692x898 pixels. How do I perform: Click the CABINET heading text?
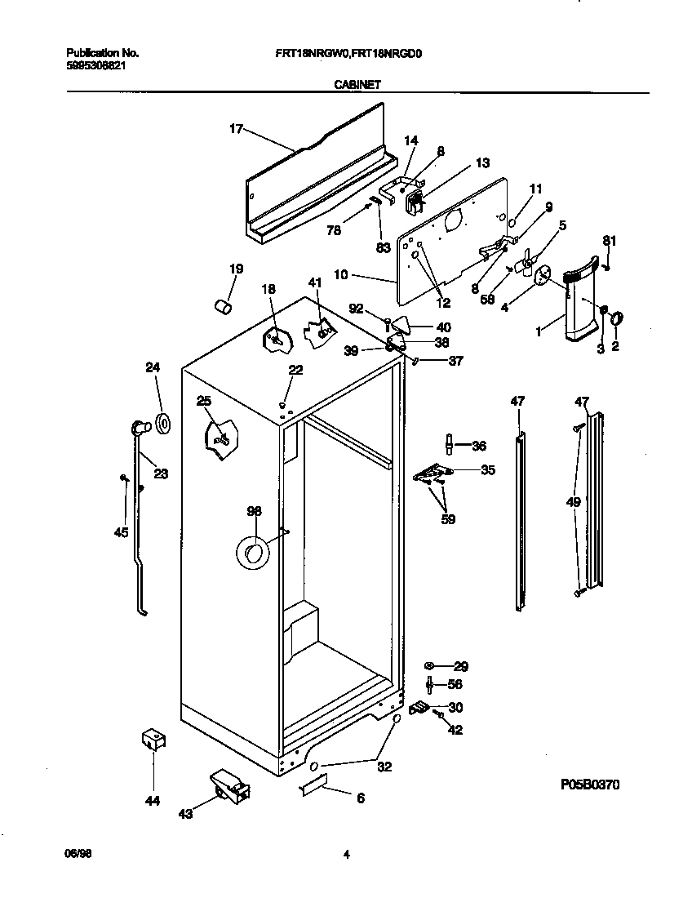357,83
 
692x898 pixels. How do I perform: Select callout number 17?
237,128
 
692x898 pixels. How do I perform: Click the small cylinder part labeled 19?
221,305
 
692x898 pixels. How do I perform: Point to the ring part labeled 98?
252,554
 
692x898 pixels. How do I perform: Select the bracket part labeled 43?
229,785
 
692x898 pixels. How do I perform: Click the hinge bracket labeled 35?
432,473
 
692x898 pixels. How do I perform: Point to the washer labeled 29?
430,666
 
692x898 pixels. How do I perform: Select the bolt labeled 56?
430,685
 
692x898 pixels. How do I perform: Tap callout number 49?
574,502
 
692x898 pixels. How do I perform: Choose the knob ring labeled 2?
616,317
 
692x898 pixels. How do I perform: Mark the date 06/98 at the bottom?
75,854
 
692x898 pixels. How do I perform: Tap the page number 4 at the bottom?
347,855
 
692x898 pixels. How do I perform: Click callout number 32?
384,767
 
